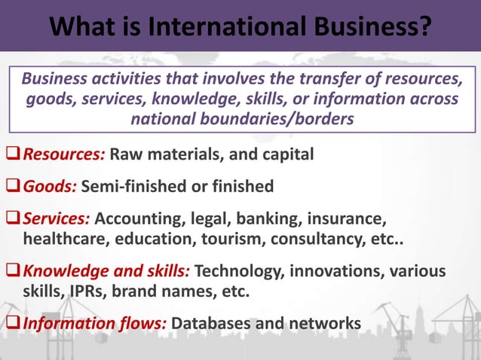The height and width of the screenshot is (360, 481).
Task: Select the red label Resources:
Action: click(x=64, y=155)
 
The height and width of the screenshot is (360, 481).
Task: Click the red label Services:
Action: click(x=57, y=219)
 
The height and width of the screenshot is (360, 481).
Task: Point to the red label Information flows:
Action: click(x=94, y=324)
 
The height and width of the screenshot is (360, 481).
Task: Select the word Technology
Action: click(x=243, y=271)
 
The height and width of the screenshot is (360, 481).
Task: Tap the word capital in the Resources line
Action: click(x=285, y=155)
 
